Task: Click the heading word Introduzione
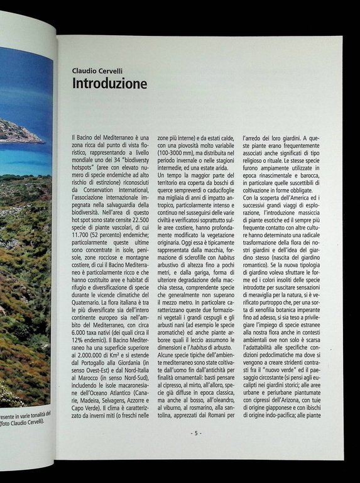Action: tap(109, 83)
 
